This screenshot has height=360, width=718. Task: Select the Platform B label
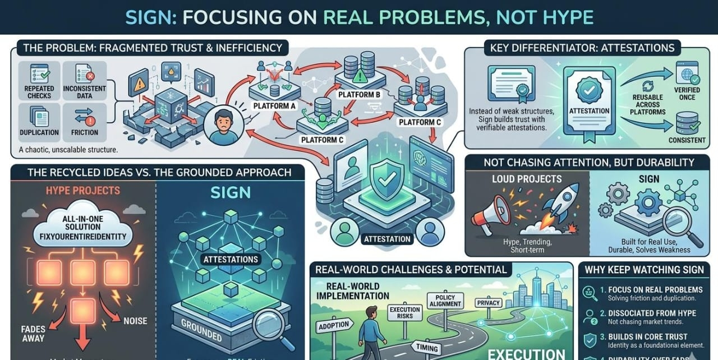360,94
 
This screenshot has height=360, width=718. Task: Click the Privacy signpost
488,303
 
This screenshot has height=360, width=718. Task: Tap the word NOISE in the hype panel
135,321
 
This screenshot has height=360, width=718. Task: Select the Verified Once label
687,94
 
